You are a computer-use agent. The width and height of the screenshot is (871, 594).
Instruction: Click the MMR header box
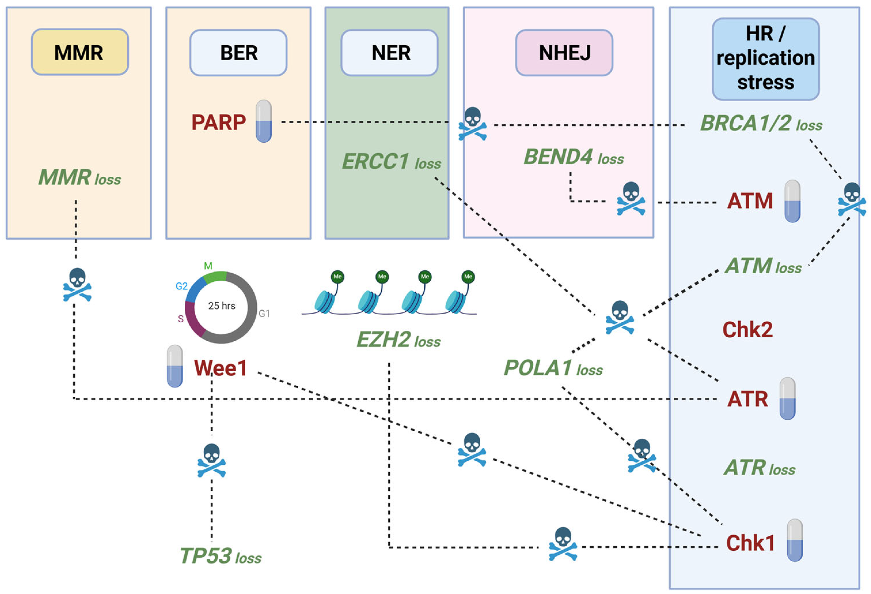(x=80, y=52)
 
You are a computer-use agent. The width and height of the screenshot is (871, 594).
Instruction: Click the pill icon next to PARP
(x=264, y=121)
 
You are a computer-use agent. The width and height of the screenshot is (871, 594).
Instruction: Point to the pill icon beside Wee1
(x=175, y=366)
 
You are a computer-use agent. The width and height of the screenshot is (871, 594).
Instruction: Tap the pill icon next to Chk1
(x=795, y=540)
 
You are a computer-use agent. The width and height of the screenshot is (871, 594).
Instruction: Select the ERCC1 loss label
(x=391, y=162)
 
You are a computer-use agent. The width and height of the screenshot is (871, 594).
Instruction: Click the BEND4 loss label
(x=573, y=157)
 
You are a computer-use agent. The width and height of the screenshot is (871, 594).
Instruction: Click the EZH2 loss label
(x=398, y=340)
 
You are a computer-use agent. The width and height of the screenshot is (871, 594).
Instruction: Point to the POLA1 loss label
(x=553, y=368)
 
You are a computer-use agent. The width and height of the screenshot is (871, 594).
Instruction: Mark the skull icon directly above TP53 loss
(x=211, y=460)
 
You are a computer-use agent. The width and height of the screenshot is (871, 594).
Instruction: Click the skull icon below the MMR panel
(x=77, y=285)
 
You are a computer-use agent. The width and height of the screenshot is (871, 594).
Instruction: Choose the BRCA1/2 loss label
(x=761, y=123)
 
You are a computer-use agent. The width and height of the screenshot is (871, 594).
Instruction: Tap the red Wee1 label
(x=220, y=368)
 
